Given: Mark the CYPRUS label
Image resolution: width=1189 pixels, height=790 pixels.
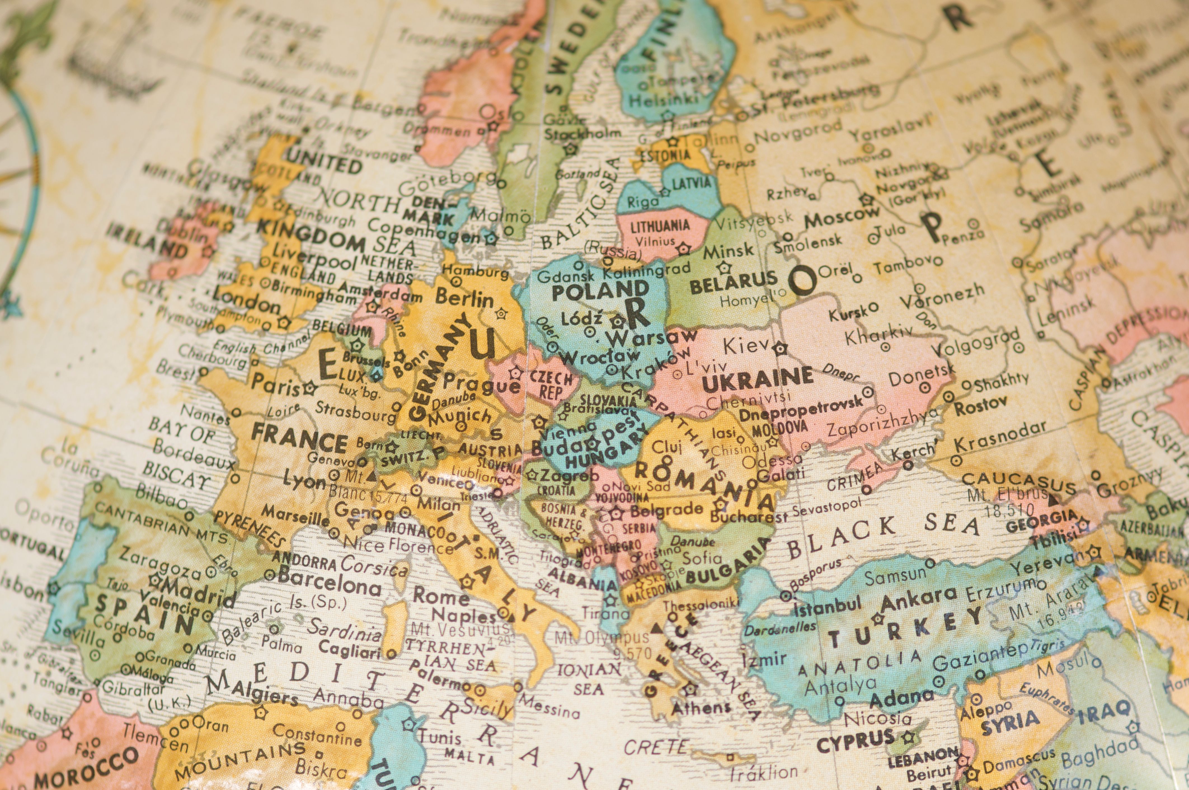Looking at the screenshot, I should tap(855, 741).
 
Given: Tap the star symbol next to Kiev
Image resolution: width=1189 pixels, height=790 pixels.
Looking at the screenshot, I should tap(780, 348).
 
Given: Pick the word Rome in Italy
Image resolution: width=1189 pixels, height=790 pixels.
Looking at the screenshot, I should tap(441, 597).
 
